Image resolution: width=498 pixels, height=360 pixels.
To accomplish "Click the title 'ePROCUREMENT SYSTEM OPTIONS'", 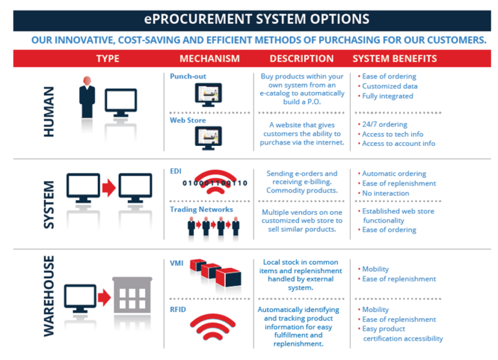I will click(x=249, y=19).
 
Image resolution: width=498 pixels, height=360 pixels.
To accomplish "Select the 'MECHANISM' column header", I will click(x=209, y=58).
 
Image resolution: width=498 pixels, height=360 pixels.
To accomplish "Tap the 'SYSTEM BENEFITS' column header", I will click(x=394, y=58).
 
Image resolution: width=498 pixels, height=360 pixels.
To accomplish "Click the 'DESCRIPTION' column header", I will click(x=302, y=58).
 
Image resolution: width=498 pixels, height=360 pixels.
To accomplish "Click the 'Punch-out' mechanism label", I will click(x=188, y=77).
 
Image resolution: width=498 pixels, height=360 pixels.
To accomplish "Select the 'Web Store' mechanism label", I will click(x=188, y=121).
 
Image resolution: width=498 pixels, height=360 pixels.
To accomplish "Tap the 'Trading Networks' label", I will click(x=201, y=210).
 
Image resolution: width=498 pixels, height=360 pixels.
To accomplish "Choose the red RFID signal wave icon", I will click(x=216, y=330).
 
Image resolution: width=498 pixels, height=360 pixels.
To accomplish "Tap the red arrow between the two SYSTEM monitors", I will click(x=109, y=187).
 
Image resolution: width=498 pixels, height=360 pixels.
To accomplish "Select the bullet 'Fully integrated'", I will click(x=387, y=96).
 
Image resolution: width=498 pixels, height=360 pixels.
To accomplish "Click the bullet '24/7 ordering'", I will click(x=385, y=125).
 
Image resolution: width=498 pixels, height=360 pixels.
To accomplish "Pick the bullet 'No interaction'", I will click(x=386, y=193).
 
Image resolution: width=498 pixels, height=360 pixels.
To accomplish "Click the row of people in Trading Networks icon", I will click(x=213, y=226).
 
